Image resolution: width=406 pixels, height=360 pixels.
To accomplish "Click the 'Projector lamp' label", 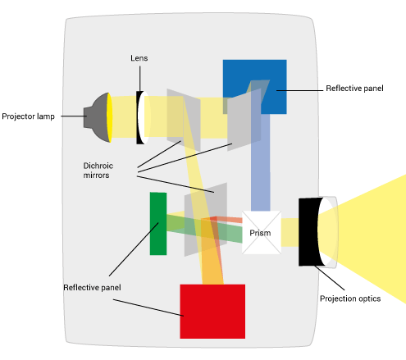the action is pos(28,116).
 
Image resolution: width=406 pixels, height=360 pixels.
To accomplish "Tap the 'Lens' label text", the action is pos(139,58).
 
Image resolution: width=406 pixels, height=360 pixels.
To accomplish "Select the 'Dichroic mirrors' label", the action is pos(98,171).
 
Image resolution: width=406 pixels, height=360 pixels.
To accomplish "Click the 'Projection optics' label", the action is pos(350,298).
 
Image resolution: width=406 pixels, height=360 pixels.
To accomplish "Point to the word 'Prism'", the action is pos(260,233).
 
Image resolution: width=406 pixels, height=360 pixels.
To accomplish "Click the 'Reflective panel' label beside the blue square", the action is pos(354,89).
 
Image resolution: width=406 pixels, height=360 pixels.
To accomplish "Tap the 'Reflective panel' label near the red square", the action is pos(92,288).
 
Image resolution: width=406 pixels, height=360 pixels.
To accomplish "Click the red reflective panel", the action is pos(212,312).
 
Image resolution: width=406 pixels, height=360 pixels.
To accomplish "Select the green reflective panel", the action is pos(158,224).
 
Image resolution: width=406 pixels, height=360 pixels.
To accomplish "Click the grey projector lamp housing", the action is pos(96,117).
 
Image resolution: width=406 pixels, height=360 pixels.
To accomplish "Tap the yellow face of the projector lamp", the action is pos(109,117).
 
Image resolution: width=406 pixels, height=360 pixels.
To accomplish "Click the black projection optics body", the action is pos(310,232).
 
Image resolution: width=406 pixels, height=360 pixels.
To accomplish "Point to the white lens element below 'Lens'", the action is pos(144,117).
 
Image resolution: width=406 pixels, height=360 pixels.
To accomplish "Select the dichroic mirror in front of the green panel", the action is pos(206,220).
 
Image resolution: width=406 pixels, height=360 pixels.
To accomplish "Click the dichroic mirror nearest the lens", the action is pos(184,120).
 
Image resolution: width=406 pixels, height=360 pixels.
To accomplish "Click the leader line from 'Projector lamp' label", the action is pos(74,116).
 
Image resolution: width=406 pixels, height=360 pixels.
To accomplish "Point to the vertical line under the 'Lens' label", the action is pos(140,79).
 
